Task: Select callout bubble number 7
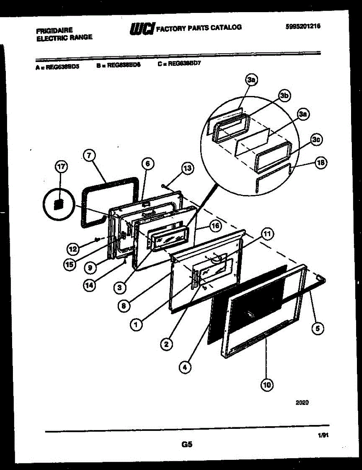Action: click(89, 155)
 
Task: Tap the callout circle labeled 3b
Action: click(285, 95)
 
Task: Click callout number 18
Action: click(321, 163)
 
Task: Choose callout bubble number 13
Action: click(187, 169)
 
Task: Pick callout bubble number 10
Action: click(267, 385)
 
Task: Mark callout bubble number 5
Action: click(317, 329)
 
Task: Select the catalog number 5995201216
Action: click(303, 26)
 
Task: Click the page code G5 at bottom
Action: click(187, 445)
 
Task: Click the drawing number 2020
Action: click(302, 402)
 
